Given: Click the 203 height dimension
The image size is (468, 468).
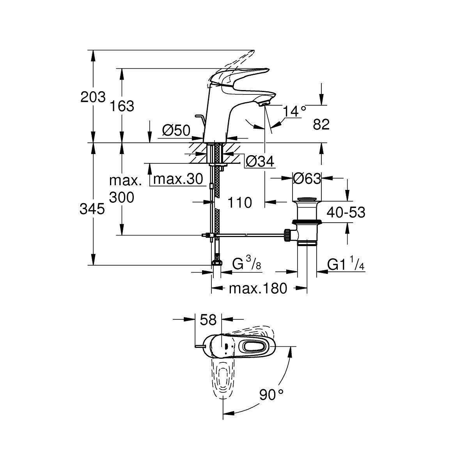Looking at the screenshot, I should coord(93,97).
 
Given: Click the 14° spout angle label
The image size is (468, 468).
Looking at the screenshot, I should coord(294,112).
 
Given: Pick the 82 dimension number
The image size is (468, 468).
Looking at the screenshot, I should coord(321,125).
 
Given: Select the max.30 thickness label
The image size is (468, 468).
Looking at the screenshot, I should coord(178,179).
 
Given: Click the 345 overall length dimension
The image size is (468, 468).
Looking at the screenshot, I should coord(92,209).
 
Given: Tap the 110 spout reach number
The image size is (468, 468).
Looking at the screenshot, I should coord(239,202).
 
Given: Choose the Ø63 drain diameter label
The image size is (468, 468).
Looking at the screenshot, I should coord(307,179).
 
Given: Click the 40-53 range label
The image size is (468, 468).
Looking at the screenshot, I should coord(346,213).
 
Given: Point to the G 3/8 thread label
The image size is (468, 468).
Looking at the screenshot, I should coord(246,265).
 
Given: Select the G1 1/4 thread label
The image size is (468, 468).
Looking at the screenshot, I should coord(346,265).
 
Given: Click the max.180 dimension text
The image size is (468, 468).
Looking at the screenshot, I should coord(258,289).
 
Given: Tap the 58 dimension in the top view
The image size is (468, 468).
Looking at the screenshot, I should coord(208,320).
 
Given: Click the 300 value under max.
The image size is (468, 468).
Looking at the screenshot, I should coord(121,197).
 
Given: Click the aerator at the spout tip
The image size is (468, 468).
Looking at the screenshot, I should coord(264,103).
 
